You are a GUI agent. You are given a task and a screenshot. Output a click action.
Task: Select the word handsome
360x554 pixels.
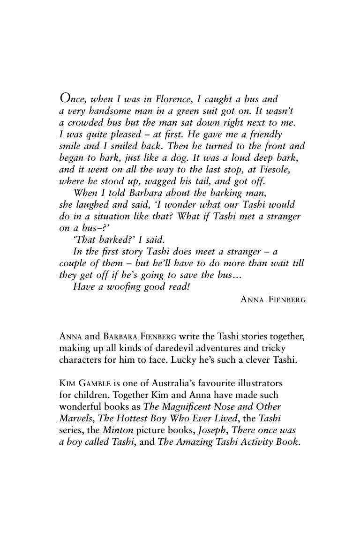tap(109, 111)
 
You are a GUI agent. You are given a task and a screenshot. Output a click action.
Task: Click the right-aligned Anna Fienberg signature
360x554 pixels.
tap(273, 299)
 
